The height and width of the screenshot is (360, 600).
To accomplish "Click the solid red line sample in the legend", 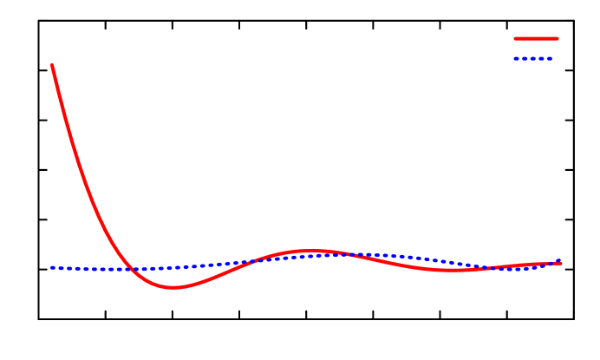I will click(536, 38).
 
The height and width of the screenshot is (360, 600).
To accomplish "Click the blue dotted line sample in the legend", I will click(533, 58).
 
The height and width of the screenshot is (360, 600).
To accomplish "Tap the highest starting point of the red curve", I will click(52, 65).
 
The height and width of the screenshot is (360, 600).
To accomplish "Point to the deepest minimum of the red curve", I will click(173, 287).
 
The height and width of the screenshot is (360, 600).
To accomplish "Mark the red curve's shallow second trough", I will click(455, 270).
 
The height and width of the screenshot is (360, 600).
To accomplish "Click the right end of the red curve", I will click(561, 263).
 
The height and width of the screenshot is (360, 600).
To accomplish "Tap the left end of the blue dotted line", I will click(52, 268).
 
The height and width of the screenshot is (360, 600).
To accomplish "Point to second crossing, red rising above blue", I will click(256, 260).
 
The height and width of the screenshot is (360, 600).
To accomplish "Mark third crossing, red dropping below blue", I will click(342, 254).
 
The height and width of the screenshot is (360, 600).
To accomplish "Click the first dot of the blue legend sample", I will click(516, 58).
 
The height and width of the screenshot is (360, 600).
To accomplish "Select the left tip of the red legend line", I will click(516, 38).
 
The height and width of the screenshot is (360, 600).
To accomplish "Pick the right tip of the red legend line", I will click(557, 38).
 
